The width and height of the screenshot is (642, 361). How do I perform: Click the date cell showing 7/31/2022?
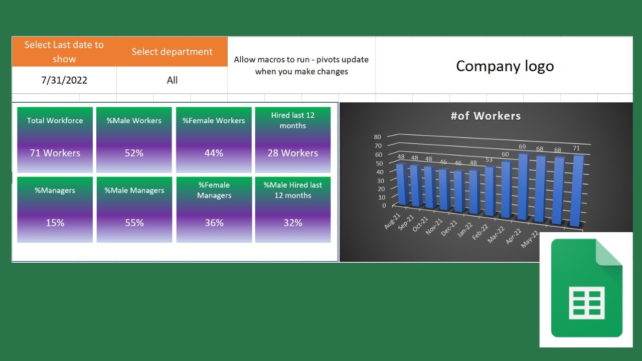tap(64, 80)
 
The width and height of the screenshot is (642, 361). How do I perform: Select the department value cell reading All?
tap(172, 80)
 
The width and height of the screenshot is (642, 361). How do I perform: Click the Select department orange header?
tap(172, 52)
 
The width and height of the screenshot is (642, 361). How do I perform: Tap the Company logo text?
tap(505, 66)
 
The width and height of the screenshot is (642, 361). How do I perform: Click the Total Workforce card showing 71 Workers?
tap(55, 140)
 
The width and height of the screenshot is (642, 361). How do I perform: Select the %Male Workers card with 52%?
tap(134, 140)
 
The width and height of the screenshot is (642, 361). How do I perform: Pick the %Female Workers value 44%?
tap(214, 153)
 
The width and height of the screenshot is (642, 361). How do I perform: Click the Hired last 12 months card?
tap(292, 140)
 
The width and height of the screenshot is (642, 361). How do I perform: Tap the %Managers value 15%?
tap(55, 223)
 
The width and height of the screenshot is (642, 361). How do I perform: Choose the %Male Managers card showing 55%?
tap(134, 210)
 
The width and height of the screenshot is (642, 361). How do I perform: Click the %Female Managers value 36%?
tap(214, 223)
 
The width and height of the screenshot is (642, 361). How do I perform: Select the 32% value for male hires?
tap(292, 223)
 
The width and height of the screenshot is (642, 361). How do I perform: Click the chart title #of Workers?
tap(486, 116)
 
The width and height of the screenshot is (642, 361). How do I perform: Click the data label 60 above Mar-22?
tap(505, 154)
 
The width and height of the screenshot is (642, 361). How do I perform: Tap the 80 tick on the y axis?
tap(377, 137)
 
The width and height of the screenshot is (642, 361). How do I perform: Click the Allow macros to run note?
tap(301, 66)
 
